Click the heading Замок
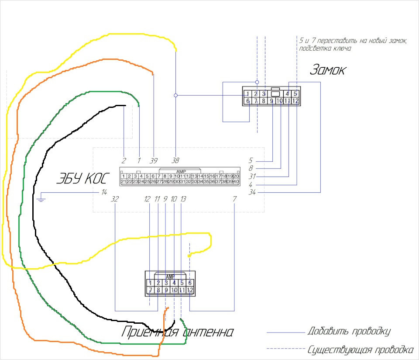pyautogui.click(x=327, y=70)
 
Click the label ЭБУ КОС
pyautogui.click(x=83, y=179)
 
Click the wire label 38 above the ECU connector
pyautogui.click(x=175, y=160)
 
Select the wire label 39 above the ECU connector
pyautogui.click(x=153, y=160)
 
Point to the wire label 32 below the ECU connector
pyautogui.click(x=115, y=199)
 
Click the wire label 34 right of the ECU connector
pyautogui.click(x=252, y=192)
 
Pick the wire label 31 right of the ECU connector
pyautogui.click(x=252, y=176)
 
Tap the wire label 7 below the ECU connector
pyautogui.click(x=235, y=199)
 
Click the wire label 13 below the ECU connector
pyautogui.click(x=183, y=199)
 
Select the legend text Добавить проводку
pyautogui.click(x=348, y=331)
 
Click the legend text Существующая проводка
pyautogui.click(x=360, y=350)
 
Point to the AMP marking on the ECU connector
pyautogui.click(x=180, y=171)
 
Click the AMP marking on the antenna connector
pyautogui.click(x=170, y=277)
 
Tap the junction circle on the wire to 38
pyautogui.click(x=175, y=95)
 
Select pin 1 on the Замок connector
pyautogui.click(x=247, y=93)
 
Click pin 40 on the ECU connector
pyautogui.click(x=236, y=181)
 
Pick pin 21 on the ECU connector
pyautogui.click(x=124, y=181)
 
